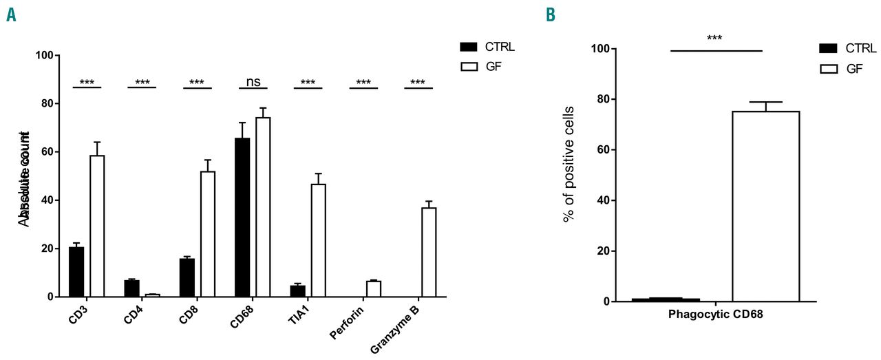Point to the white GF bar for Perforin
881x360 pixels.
click(374, 289)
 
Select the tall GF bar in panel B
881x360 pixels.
click(765, 207)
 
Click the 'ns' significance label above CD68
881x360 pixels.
click(253, 81)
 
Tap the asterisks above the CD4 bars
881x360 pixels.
click(142, 83)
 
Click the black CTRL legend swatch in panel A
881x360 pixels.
click(468, 47)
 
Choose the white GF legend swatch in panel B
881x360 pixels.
click(828, 69)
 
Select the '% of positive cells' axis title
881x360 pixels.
click(569, 164)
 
